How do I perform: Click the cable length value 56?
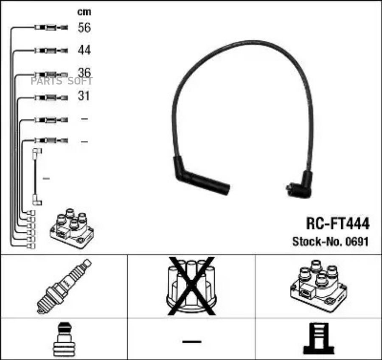tap(84, 27)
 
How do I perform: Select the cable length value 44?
tap(84, 50)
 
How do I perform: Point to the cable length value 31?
tap(84, 96)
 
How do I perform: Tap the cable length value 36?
tap(84, 73)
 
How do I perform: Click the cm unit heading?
tap(84, 12)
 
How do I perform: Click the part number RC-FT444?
tap(338, 223)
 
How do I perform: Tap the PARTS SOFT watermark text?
tap(62, 81)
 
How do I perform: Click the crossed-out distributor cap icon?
tap(191, 286)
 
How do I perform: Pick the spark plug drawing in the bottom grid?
tap(64, 286)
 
